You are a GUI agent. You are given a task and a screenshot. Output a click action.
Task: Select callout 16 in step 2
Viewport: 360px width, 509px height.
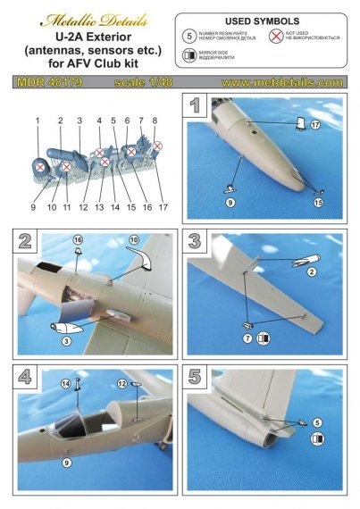click(78, 241)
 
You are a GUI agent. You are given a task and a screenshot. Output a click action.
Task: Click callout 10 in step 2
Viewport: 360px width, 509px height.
click(136, 241)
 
